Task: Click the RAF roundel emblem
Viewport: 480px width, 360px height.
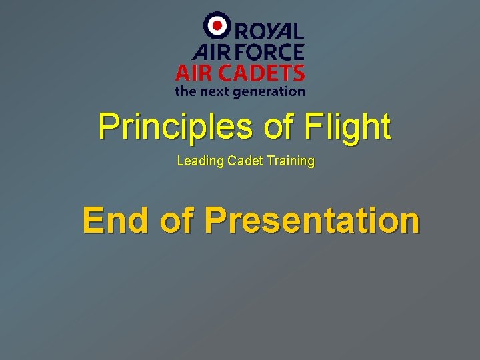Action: click(x=216, y=26)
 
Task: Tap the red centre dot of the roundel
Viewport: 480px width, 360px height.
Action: click(x=216, y=26)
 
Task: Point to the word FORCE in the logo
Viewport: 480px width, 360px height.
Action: click(x=269, y=51)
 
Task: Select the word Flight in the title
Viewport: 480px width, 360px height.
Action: click(x=347, y=127)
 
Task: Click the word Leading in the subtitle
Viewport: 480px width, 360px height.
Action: click(x=197, y=161)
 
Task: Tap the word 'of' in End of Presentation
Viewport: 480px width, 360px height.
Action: click(x=178, y=220)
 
